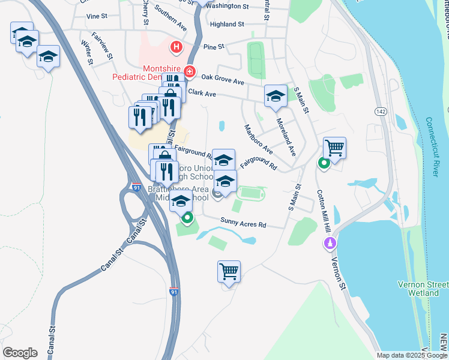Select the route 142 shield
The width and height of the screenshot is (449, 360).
point(381,111)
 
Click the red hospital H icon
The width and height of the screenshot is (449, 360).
point(176,46)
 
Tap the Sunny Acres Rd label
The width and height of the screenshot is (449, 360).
point(243,224)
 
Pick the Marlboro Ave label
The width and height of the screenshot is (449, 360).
point(258,139)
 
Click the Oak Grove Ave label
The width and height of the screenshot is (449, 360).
point(223,78)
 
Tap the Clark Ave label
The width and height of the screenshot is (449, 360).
point(202,93)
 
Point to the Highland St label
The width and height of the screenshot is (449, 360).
point(227,25)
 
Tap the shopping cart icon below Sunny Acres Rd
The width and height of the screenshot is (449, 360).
point(229,272)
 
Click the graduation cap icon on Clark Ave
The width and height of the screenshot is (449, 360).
point(276,95)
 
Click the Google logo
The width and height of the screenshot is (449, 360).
point(20,352)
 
